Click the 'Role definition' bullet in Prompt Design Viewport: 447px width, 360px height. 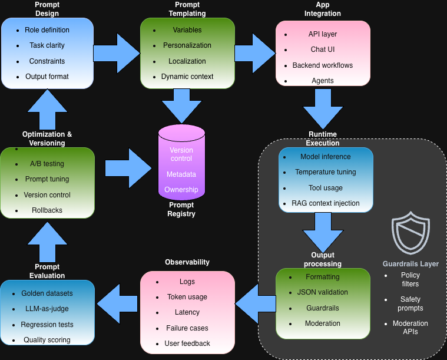47,30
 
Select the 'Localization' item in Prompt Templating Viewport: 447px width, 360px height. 187,61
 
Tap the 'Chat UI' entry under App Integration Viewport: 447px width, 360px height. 323,49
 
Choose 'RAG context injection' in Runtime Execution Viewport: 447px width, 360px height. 326,203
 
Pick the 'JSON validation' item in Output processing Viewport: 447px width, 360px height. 323,292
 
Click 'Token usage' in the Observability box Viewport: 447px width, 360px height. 187,297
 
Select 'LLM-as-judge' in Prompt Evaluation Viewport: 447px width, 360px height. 47,309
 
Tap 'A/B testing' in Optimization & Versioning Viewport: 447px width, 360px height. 47,164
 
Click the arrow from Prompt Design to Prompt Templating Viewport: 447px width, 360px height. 117,54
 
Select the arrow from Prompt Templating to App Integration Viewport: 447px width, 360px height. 256,54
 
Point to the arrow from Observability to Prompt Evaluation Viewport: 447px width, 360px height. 118,304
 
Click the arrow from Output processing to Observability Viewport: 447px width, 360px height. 255,304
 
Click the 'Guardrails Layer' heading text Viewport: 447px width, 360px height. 410,264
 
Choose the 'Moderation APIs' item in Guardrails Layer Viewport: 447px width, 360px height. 410,328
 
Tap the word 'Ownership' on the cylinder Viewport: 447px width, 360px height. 181,190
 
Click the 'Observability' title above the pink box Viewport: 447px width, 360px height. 187,262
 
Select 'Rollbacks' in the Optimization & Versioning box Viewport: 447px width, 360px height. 47,210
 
